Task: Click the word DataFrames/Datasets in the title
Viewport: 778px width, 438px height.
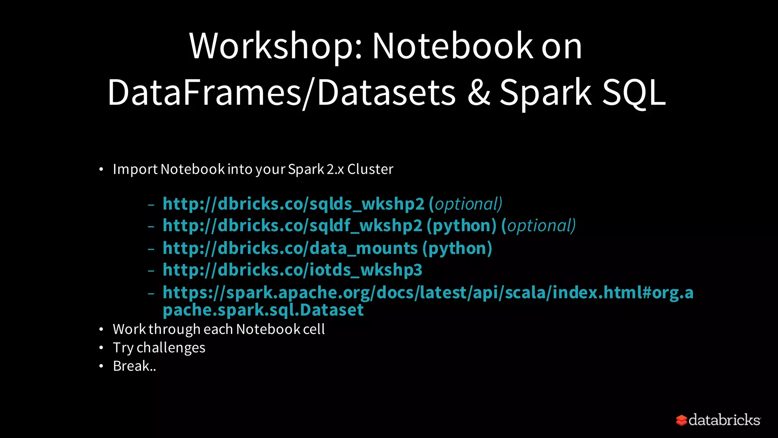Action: [x=281, y=93]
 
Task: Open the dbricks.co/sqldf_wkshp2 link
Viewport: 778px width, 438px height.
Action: [x=292, y=226]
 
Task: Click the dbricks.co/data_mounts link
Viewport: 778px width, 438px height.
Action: [x=290, y=249]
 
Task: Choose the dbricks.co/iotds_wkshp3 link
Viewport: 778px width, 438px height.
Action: [x=292, y=270]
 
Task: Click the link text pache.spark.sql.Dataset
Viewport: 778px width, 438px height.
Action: [x=263, y=310]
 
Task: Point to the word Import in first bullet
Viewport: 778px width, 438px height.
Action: [x=135, y=169]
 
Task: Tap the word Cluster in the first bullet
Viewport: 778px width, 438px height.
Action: [x=370, y=169]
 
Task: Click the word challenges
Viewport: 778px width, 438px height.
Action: [x=171, y=348]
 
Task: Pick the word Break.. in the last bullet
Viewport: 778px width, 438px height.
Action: [x=134, y=366]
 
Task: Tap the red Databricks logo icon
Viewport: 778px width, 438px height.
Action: [x=681, y=420]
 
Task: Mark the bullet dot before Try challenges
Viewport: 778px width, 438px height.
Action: [x=101, y=348]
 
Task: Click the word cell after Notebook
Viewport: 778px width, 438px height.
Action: [x=314, y=329]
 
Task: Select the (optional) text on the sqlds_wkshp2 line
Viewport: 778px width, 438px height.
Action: [x=466, y=204]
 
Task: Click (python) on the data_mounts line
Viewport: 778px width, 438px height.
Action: [x=457, y=249]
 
